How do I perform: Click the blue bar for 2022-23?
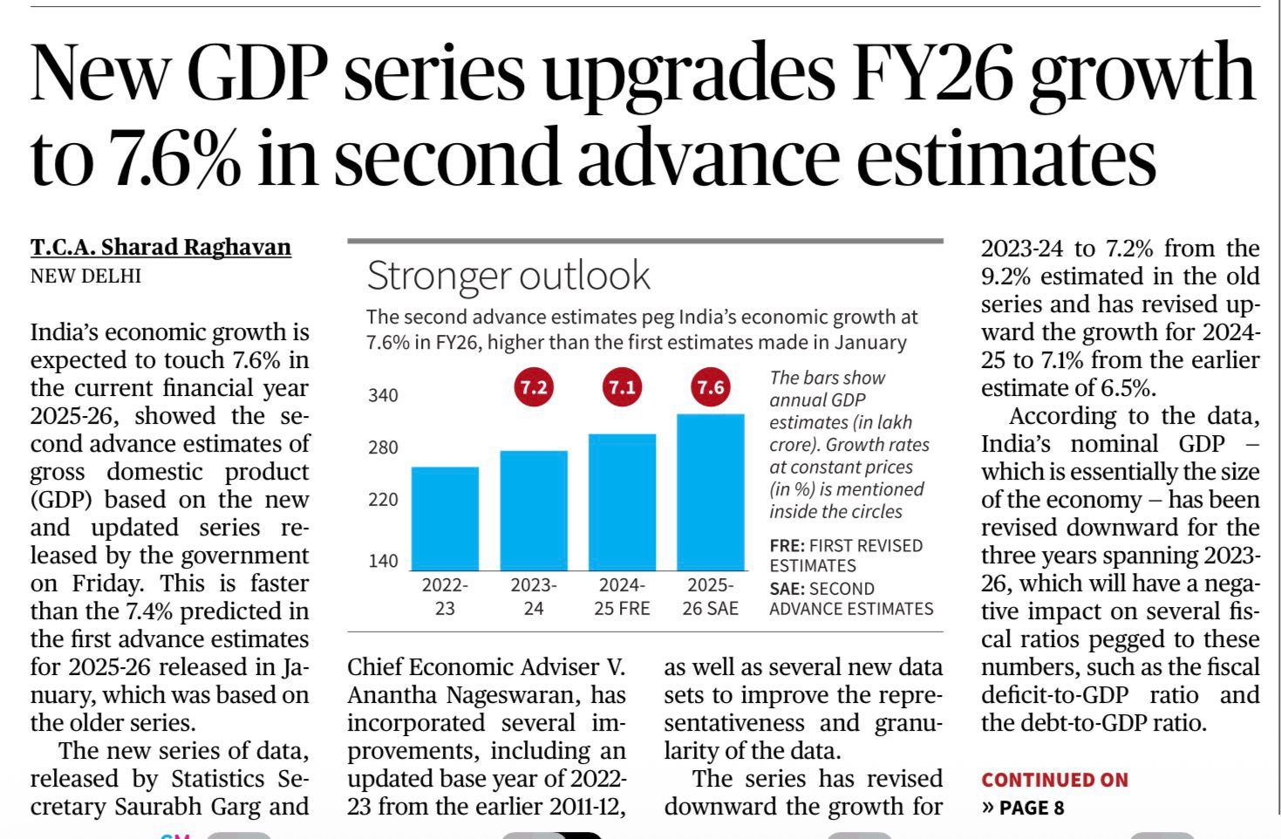[445, 519]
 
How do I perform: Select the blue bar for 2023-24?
[534, 511]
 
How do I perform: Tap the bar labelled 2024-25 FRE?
[622, 502]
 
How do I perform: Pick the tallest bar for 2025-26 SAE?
[711, 493]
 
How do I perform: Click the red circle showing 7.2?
[534, 387]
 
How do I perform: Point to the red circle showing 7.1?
[622, 387]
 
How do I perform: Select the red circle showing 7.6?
[711, 387]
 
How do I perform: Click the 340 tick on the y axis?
[383, 396]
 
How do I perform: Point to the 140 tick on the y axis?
[383, 561]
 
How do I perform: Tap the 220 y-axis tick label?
[383, 500]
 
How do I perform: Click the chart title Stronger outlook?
[508, 276]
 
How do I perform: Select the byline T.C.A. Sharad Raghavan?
[160, 248]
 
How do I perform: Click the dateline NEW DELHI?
[85, 276]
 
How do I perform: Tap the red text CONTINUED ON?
[1054, 780]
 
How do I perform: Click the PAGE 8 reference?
[1031, 808]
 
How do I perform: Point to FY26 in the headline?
[934, 73]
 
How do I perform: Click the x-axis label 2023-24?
[534, 597]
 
